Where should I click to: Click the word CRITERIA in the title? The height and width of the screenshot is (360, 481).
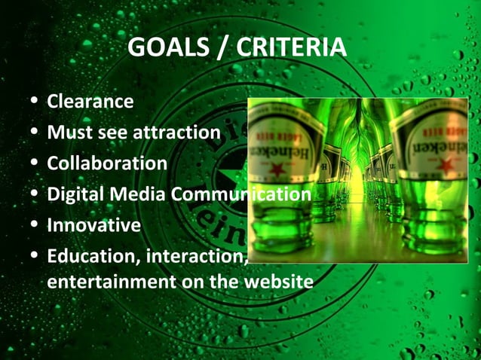tap(291, 47)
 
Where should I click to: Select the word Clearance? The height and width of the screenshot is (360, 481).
tap(90, 101)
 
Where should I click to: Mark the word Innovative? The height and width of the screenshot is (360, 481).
tap(93, 225)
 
